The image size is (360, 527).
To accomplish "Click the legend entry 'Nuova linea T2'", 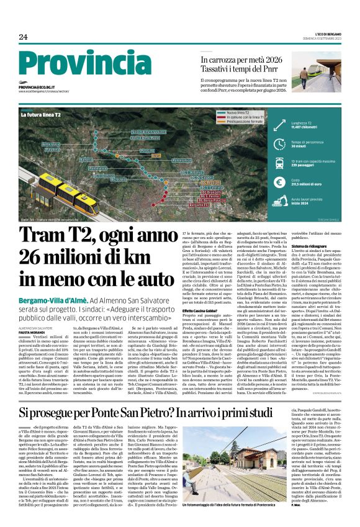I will click(x=234, y=112).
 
